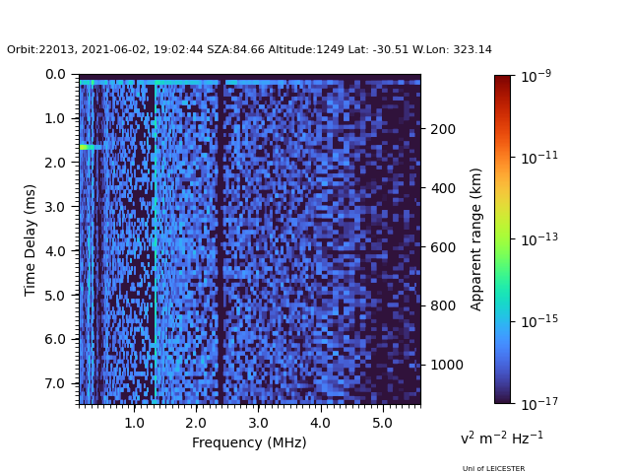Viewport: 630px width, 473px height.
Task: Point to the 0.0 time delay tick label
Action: (55, 74)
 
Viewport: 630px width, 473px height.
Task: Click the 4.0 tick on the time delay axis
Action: (55, 250)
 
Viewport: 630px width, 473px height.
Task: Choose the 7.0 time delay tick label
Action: (55, 383)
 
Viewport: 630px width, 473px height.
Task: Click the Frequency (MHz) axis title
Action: (249, 442)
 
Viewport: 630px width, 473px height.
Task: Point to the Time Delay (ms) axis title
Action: (31, 239)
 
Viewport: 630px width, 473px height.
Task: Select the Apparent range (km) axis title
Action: (476, 238)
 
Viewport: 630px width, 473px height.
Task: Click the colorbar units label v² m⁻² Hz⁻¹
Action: (501, 438)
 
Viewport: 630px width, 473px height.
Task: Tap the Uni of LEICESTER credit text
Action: (493, 468)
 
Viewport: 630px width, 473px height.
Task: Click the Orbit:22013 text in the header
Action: (37, 49)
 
